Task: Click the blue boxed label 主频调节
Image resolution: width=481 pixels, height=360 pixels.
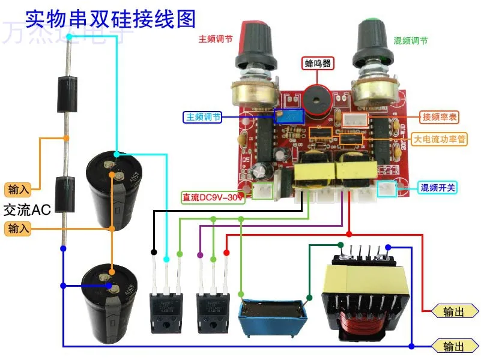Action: pos(203,117)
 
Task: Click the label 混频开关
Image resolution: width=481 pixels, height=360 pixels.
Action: pos(438,188)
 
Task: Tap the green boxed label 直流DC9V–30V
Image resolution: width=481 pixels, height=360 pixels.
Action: pos(213,197)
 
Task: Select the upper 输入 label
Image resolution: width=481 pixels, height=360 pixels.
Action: pos(18,190)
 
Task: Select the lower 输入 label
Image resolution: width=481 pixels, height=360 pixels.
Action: pos(18,228)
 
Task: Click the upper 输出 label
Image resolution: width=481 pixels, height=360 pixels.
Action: pos(455,311)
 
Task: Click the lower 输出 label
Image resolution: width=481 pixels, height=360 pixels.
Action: pos(455,346)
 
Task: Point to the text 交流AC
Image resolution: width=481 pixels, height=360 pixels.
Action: pos(28,210)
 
